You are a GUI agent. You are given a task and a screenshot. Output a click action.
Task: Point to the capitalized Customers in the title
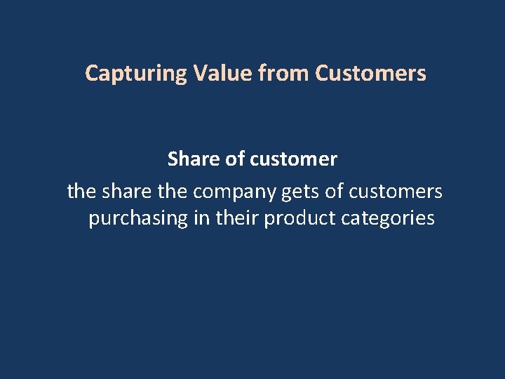tap(370, 73)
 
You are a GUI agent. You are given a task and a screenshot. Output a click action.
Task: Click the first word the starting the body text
tap(81, 190)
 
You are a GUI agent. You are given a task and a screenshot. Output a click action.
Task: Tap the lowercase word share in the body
tap(126, 190)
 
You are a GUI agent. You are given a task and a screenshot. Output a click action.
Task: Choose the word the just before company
tap(172, 190)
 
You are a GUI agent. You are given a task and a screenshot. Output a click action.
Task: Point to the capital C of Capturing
tap(91, 73)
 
